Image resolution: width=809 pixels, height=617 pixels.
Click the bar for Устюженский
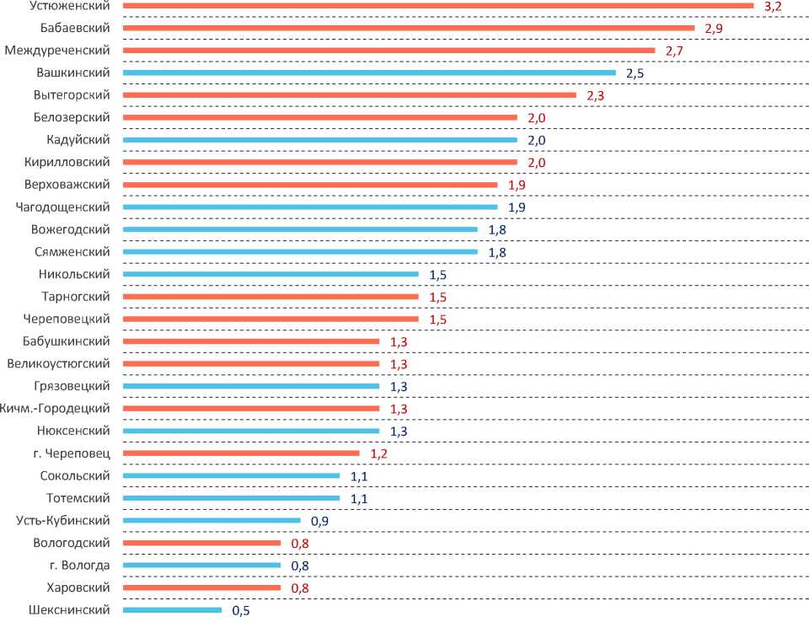438,6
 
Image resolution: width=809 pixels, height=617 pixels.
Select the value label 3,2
773,6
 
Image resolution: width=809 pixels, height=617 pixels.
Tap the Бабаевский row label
75,28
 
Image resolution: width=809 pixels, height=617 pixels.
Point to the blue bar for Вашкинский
369,72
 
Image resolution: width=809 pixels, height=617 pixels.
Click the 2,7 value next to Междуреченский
674,51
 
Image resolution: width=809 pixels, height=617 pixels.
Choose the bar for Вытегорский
350,95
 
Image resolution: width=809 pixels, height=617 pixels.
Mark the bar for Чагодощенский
310,207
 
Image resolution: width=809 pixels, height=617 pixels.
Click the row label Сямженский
73,251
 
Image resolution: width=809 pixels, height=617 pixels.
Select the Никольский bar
271,274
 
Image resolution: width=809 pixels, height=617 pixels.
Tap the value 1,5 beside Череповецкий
438,319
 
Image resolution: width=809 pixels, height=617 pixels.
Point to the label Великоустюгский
58,364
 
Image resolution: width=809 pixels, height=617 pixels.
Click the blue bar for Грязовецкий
251,386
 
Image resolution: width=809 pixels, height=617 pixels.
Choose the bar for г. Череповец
241,453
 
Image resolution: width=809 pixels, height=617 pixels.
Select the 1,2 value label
379,453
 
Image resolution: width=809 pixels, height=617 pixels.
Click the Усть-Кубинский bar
212,520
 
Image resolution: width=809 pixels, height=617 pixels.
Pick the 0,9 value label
319,521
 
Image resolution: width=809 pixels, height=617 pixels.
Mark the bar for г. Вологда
201,565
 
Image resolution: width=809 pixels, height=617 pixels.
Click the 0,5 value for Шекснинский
241,610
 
